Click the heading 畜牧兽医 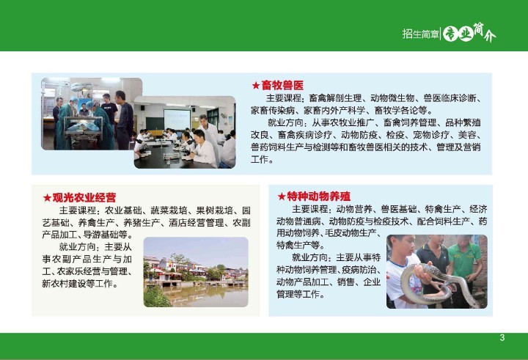point(282,85)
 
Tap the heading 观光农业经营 point(84,197)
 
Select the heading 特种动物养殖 point(318,196)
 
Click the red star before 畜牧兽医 point(256,86)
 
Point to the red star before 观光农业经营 point(47,198)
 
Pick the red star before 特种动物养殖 point(281,196)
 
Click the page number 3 point(502,337)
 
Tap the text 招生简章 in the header point(421,34)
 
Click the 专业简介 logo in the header point(469,33)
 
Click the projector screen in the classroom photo point(177,120)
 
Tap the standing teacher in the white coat point(210,138)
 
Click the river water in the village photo point(202,295)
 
